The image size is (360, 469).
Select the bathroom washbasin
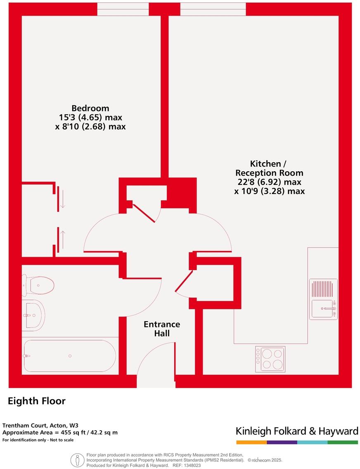point(34,315)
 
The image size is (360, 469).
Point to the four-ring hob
point(270,359)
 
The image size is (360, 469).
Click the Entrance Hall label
point(161,329)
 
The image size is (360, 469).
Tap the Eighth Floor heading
point(37,401)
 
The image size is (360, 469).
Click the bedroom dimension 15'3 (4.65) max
point(90,118)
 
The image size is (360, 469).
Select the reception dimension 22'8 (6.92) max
point(270,182)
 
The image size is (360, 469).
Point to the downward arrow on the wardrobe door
point(62,199)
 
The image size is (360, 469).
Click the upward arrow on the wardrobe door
point(62,239)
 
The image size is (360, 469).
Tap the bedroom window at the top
point(123,9)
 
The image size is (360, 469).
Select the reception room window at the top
point(213,9)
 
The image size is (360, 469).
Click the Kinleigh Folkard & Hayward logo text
point(297,431)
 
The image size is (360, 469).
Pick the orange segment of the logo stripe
point(251,442)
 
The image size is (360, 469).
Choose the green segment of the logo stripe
point(343,442)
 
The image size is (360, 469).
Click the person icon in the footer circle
point(77,460)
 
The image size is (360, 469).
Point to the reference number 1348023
point(192,465)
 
